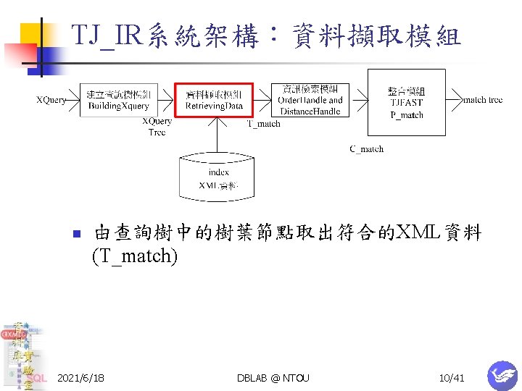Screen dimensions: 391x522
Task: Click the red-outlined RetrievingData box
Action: point(214,101)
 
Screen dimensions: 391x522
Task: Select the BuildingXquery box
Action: point(118,101)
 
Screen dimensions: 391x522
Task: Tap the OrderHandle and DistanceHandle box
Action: point(310,101)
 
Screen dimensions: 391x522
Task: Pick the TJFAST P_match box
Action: point(406,102)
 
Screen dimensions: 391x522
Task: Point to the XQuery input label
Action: point(51,100)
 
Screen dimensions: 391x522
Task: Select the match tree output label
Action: point(483,100)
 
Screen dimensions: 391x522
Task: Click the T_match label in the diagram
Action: point(264,124)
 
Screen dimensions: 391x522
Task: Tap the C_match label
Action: point(366,149)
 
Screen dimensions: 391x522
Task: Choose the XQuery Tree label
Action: point(157,127)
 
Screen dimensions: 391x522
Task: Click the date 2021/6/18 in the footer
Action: point(80,378)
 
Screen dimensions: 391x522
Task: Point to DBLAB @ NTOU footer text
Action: point(273,378)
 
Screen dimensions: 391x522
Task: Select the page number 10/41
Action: point(451,378)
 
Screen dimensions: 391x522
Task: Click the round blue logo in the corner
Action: point(502,376)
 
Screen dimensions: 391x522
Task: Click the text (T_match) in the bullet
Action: point(135,256)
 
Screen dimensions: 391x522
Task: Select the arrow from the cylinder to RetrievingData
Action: point(215,134)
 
